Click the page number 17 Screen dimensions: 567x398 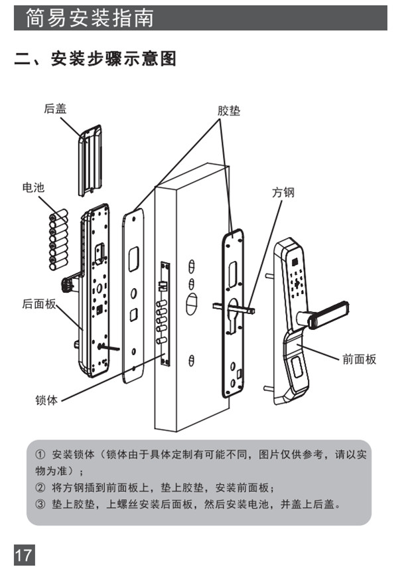[23, 553]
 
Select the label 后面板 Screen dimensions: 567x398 [38, 304]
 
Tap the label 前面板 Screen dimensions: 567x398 [359, 359]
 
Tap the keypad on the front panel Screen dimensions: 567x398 [298, 280]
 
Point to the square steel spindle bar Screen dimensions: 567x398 [235, 308]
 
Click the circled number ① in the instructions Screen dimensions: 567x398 [40, 455]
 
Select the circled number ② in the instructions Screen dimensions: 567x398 [40, 487]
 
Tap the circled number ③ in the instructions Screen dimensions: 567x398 [40, 504]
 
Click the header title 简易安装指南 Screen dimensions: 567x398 [90, 18]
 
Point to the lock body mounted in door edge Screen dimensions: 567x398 [162, 312]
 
